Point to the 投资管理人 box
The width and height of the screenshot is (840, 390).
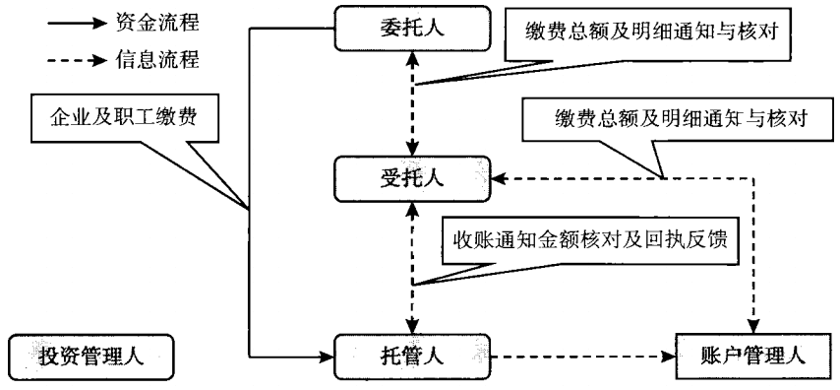[90, 355]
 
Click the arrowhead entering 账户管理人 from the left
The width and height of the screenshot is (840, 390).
[669, 355]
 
